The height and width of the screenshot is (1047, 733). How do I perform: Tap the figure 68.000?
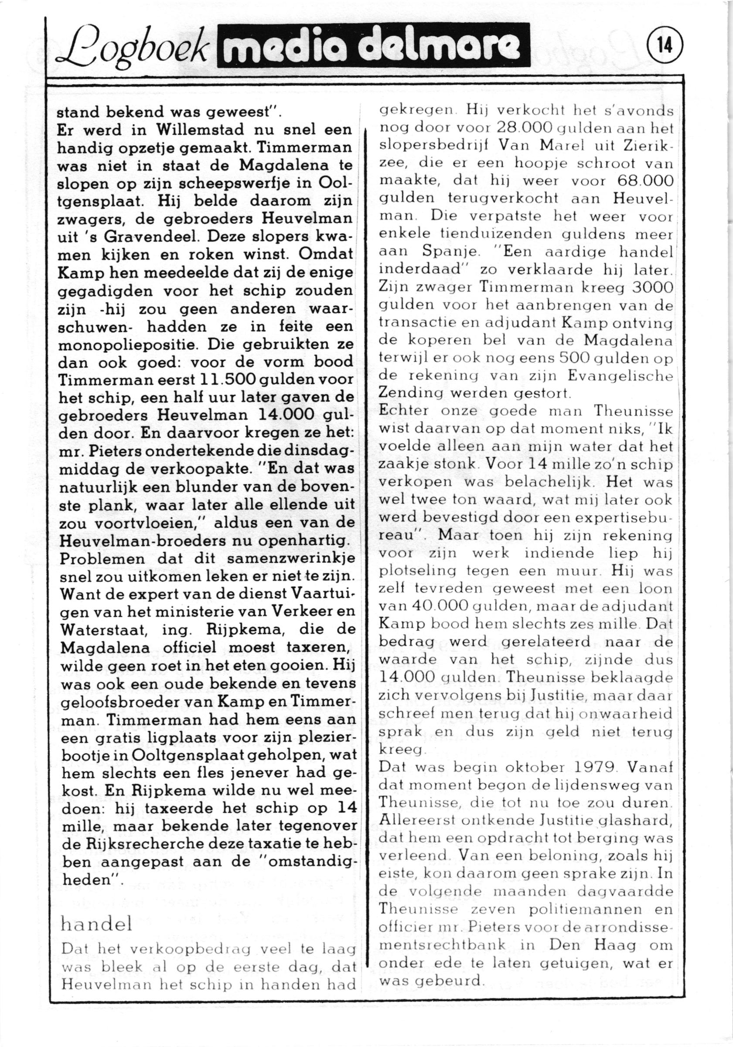645,181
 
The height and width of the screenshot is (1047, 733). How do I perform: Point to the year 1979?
590,766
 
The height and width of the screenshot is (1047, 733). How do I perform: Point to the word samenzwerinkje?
290,559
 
